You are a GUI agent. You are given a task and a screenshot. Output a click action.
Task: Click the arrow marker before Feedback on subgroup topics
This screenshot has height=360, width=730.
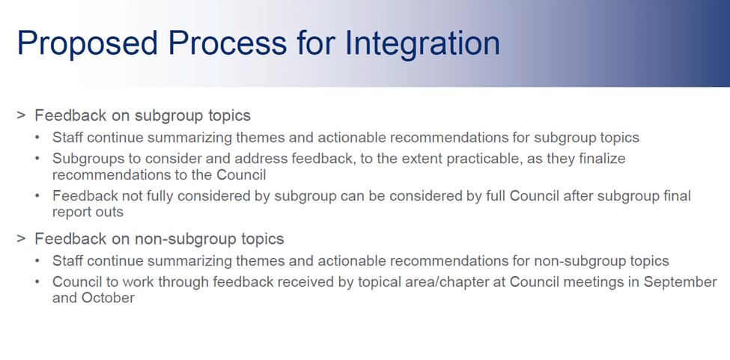[x=21, y=115]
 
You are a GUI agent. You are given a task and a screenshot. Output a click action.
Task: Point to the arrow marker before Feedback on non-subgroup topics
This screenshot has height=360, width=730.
[x=21, y=239]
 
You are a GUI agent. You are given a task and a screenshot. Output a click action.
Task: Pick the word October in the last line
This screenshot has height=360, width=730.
[x=109, y=298]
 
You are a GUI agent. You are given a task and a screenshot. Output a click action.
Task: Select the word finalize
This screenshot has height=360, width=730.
[x=598, y=159]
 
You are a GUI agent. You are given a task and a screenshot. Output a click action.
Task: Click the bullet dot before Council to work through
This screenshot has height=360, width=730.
[x=39, y=283]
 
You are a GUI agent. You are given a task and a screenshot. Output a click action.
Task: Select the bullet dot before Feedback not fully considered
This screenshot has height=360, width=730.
[x=39, y=197]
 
